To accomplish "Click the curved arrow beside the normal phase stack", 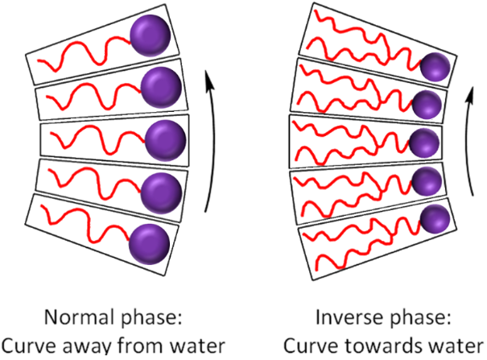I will click(211, 137).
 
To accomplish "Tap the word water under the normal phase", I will click(201, 343).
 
